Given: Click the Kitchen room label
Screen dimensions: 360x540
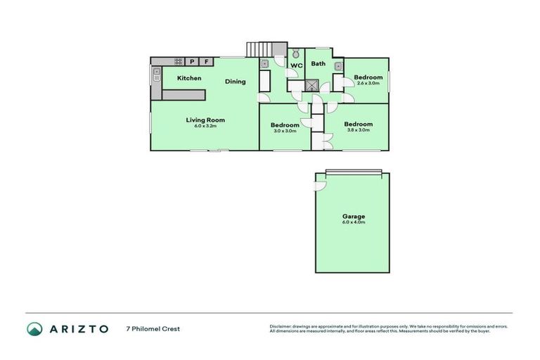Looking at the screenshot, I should pyautogui.click(x=189, y=78).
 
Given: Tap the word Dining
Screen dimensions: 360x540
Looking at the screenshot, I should pyautogui.click(x=236, y=82).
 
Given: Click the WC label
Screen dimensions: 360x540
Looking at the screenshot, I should pyautogui.click(x=296, y=65).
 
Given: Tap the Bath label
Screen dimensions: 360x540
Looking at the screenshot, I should pyautogui.click(x=319, y=64).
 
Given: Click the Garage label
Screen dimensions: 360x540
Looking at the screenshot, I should pyautogui.click(x=354, y=217).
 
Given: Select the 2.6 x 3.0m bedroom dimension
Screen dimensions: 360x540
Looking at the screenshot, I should pyautogui.click(x=368, y=83).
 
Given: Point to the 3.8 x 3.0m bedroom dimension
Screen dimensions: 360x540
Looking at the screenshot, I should pyautogui.click(x=359, y=130).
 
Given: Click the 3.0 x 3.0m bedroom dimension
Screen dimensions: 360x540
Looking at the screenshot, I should pyautogui.click(x=285, y=131).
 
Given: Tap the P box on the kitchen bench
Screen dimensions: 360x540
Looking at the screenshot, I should pyautogui.click(x=192, y=62).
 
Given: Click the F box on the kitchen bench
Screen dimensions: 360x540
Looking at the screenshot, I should pyautogui.click(x=207, y=62).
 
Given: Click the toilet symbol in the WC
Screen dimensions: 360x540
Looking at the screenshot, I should pyautogui.click(x=296, y=53).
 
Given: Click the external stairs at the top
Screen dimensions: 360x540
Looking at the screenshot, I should pyautogui.click(x=257, y=49).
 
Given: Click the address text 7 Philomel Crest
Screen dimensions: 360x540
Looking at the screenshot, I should pyautogui.click(x=153, y=328).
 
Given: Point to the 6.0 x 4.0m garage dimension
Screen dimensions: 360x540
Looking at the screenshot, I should pyautogui.click(x=354, y=223).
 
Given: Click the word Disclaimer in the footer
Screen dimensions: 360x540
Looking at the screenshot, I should pyautogui.click(x=281, y=326).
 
